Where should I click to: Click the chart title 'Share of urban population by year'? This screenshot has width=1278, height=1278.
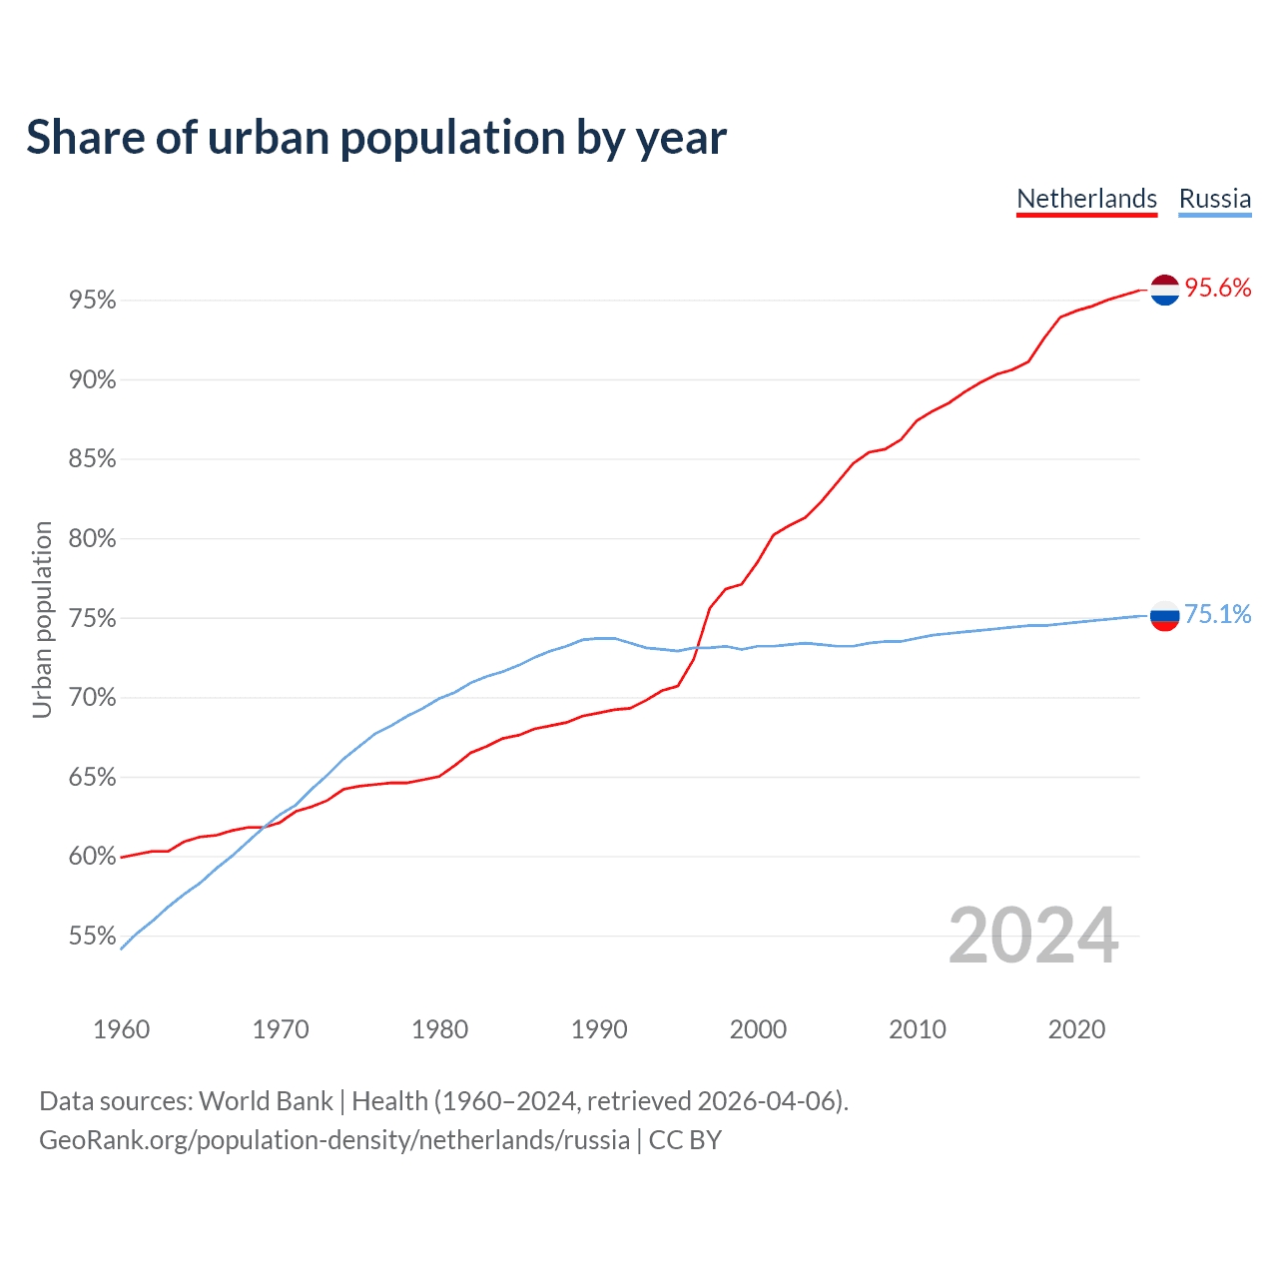click(x=376, y=138)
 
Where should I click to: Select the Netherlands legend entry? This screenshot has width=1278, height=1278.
click(x=1086, y=199)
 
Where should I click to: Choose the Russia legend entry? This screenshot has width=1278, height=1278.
click(x=1214, y=199)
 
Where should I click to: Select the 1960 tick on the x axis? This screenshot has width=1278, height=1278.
click(x=121, y=1029)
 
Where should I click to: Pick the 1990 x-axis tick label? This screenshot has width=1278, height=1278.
click(x=599, y=1029)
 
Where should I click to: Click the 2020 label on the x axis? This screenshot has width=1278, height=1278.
click(x=1076, y=1029)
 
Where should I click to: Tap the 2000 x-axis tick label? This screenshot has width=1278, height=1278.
click(x=758, y=1029)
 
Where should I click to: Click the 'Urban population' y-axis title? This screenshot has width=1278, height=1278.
click(x=42, y=619)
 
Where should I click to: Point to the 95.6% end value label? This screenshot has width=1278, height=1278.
click(x=1218, y=289)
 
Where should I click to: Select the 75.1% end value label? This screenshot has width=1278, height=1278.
click(x=1218, y=614)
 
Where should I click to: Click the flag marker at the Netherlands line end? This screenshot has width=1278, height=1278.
click(x=1165, y=290)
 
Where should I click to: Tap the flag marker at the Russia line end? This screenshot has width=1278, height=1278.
click(x=1165, y=616)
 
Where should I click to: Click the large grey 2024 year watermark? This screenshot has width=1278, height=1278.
click(x=1033, y=936)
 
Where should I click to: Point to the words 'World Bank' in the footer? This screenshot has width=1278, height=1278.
click(x=266, y=1101)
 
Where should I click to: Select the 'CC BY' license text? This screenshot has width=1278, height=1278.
click(x=685, y=1140)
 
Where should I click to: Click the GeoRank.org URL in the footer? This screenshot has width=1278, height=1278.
click(x=334, y=1140)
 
